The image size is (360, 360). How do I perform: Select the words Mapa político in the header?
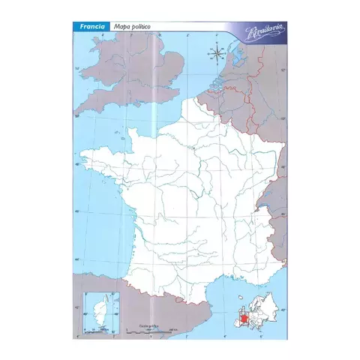(x=133, y=26)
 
